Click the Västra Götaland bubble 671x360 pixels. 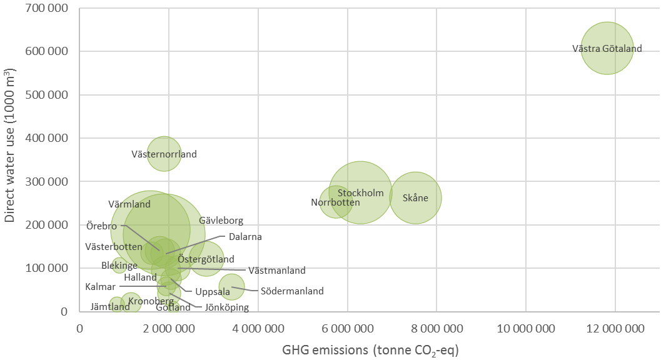click(607, 48)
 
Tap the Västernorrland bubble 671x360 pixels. click(164, 154)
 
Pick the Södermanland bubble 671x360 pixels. click(231, 286)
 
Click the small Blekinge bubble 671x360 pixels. click(119, 266)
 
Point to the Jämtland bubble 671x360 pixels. click(117, 305)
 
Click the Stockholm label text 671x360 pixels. click(360, 193)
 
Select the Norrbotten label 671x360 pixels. click(335, 202)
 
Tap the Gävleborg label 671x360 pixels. click(221, 221)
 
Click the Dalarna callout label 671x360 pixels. click(245, 237)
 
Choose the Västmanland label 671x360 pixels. click(276, 271)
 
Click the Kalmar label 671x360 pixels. click(100, 287)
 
